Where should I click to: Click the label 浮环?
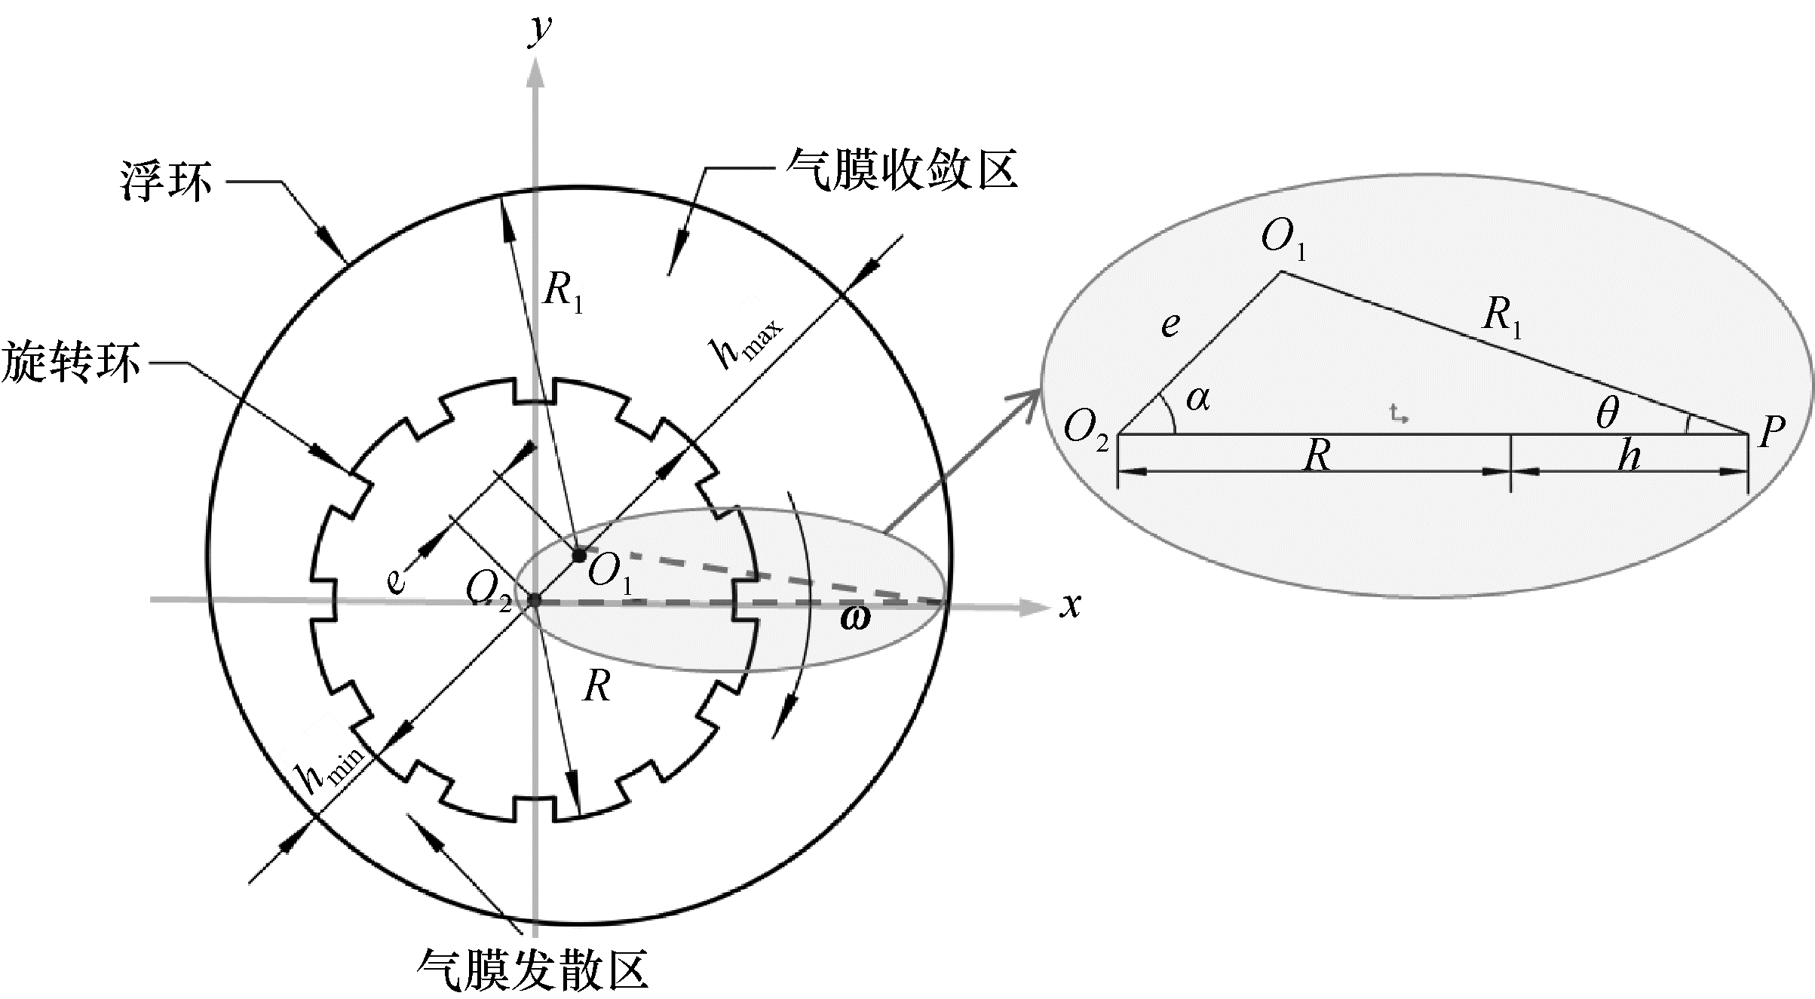point(166,182)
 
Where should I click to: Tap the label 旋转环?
point(71,362)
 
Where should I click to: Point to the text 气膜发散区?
point(532,969)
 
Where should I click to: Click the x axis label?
point(1070,605)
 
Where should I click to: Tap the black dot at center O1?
point(579,556)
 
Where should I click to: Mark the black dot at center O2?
point(534,600)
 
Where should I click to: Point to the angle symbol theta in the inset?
point(1607,412)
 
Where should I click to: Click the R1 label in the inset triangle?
point(1502,317)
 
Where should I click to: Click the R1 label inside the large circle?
point(563,292)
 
